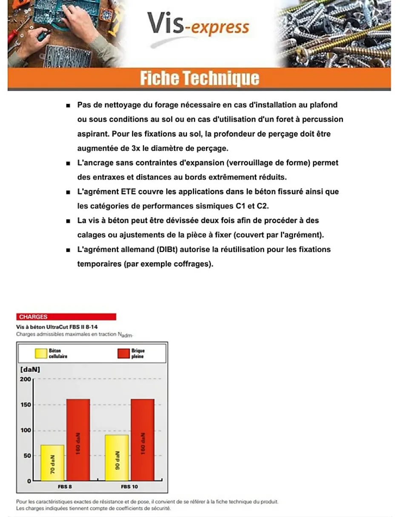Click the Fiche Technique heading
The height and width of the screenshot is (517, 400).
(199, 78)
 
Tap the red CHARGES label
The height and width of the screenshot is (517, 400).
(33, 317)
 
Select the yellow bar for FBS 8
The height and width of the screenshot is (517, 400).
(52, 463)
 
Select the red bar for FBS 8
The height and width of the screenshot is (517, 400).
(78, 440)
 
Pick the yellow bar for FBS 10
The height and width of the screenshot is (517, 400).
(117, 458)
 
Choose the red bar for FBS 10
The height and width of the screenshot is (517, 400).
(143, 440)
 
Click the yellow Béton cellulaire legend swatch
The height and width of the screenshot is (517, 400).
(41, 353)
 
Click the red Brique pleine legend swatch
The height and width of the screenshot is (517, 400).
(123, 353)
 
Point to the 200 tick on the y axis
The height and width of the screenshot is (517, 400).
(26, 379)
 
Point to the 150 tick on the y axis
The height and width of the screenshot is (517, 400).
(26, 405)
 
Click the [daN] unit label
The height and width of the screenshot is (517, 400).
(30, 370)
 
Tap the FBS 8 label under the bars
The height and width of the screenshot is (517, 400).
(65, 486)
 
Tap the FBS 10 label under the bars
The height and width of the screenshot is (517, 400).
(129, 486)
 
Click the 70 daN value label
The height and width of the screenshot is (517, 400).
(52, 465)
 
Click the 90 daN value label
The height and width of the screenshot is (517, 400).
(117, 460)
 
